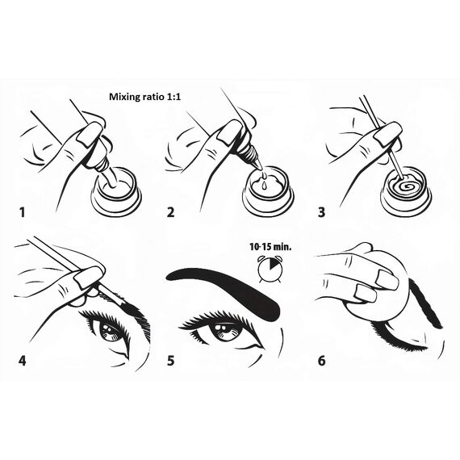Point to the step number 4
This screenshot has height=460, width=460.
pos(23,359)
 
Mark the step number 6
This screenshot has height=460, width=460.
pos(322,359)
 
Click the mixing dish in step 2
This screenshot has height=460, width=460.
pos(269,195)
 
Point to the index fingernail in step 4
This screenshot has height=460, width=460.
pos(86,278)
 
